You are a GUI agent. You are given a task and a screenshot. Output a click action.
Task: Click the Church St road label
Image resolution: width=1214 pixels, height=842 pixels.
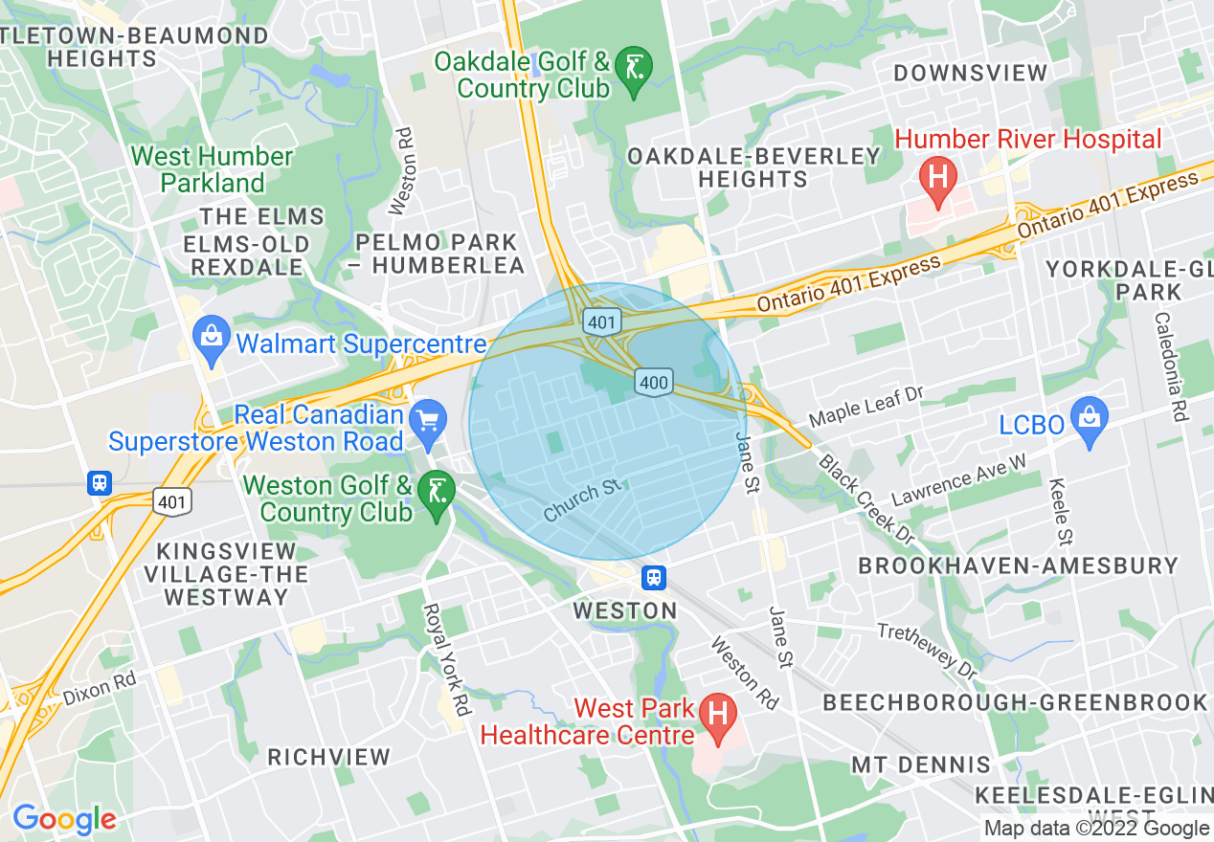(582, 501)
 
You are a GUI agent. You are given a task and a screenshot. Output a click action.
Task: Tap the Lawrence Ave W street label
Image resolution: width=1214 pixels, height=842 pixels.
(958, 479)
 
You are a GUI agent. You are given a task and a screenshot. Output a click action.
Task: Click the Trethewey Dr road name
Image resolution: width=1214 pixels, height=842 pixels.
(927, 651)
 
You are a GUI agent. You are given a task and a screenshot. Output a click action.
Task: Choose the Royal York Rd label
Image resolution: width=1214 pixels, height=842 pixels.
(447, 659)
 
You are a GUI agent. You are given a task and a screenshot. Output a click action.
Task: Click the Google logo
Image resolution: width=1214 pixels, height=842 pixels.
(64, 819)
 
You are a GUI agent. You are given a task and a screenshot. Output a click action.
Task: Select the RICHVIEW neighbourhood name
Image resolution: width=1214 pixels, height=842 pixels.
(328, 757)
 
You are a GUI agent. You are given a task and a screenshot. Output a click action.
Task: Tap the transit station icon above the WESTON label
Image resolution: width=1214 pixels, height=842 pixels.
(654, 577)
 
